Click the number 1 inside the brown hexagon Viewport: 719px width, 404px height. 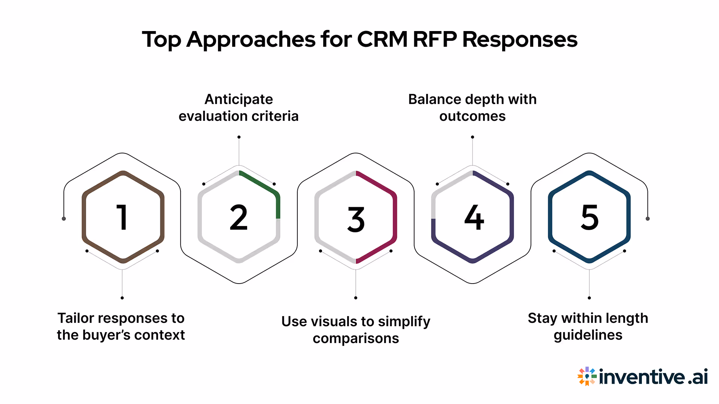122,217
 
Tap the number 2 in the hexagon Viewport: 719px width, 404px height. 239,217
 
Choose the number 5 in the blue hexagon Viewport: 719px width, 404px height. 589,217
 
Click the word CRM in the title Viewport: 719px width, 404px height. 382,39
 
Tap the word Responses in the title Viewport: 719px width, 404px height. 520,39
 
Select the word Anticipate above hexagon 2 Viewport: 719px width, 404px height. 239,100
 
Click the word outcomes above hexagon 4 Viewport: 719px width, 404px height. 472,116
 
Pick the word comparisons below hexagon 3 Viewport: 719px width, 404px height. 356,339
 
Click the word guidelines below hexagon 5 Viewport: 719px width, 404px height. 588,335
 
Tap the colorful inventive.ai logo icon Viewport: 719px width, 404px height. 586,376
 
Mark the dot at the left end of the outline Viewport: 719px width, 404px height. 64,218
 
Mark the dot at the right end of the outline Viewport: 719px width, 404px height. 647,218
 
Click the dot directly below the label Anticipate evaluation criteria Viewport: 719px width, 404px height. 239,137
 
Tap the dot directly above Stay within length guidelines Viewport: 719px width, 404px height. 589,298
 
